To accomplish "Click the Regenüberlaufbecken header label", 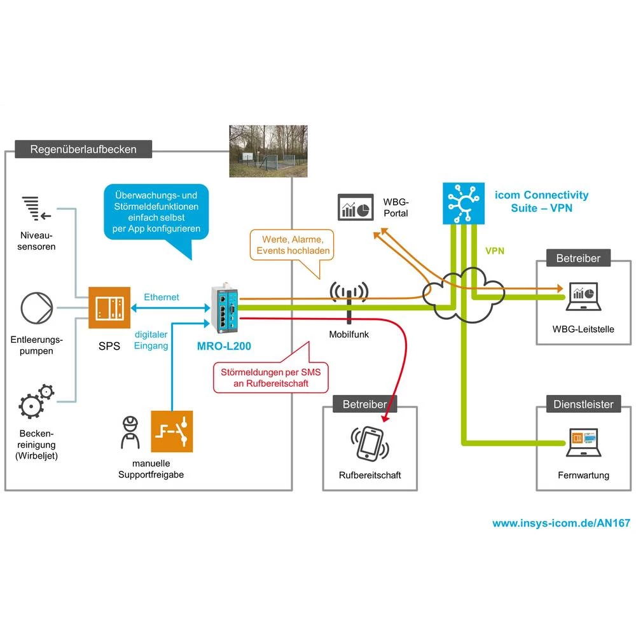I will pyautogui.click(x=83, y=150).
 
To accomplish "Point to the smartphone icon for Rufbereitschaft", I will pyautogui.click(x=369, y=443).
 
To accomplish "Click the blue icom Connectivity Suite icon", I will pyautogui.click(x=464, y=203).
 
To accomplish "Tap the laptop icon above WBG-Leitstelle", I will pyautogui.click(x=583, y=298).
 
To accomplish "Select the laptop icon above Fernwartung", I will pyautogui.click(x=583, y=442).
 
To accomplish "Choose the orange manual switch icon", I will pyautogui.click(x=172, y=430).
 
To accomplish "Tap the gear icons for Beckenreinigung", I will pyautogui.click(x=35, y=401).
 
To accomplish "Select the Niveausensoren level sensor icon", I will pyautogui.click(x=32, y=207).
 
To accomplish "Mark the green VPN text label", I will pyautogui.click(x=495, y=251).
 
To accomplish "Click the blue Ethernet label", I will pyautogui.click(x=161, y=297).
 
